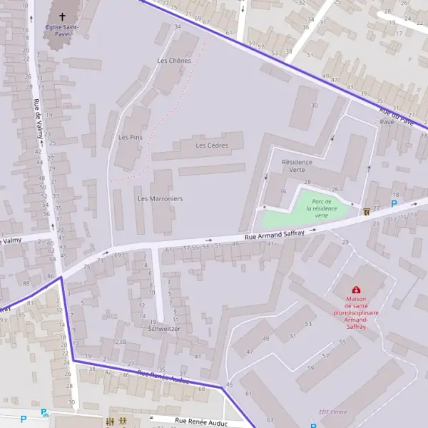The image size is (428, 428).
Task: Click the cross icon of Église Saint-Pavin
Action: click(x=62, y=17)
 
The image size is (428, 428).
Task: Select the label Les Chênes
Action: click(x=174, y=61)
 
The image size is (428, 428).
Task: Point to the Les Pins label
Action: click(x=131, y=137)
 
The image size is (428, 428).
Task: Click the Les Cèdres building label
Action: click(x=212, y=146)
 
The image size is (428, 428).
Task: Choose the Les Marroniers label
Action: click(x=160, y=198)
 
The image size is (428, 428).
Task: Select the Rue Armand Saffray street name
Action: click(x=275, y=233)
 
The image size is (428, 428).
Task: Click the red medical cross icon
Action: click(x=356, y=290)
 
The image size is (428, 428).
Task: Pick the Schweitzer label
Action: click(x=165, y=330)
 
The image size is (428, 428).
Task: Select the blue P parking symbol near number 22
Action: click(x=393, y=204)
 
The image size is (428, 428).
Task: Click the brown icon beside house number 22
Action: click(x=367, y=212)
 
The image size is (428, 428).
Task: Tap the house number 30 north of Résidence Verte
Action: click(x=313, y=106)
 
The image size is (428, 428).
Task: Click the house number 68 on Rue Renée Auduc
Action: click(x=202, y=389)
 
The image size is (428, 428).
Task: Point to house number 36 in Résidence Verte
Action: click(x=282, y=191)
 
